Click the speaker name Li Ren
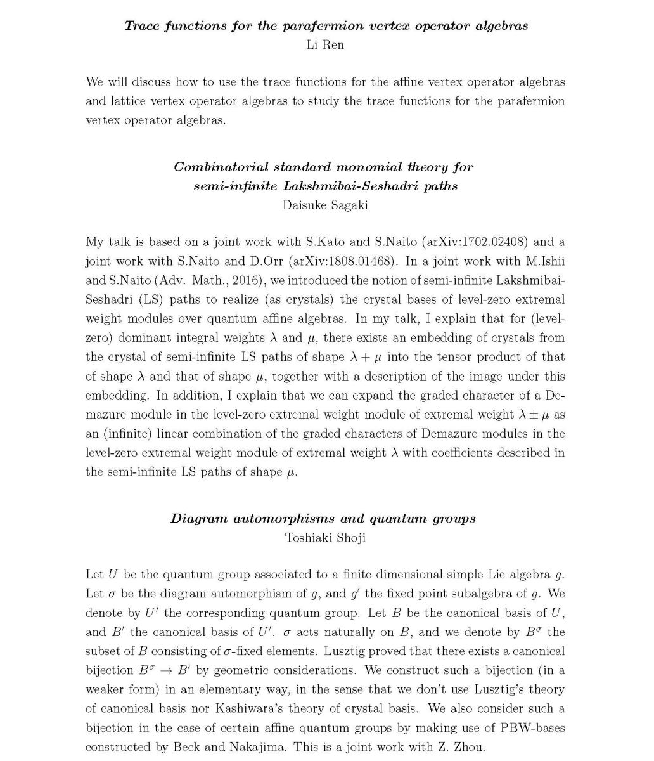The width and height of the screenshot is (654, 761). (x=325, y=45)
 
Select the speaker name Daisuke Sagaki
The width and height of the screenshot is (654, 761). (x=325, y=205)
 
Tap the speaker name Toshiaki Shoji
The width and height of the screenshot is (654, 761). (x=325, y=538)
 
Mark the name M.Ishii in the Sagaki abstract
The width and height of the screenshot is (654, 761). (x=542, y=261)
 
